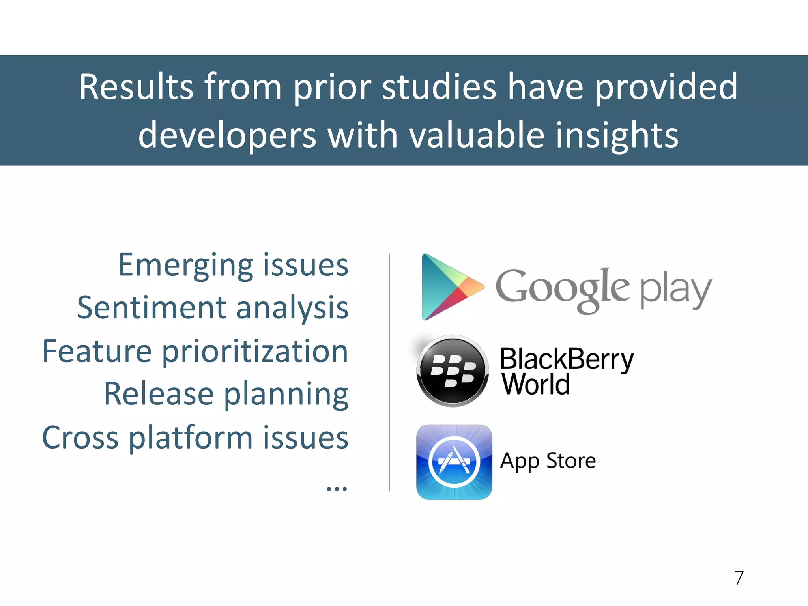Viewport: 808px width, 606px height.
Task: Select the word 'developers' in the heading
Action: point(227,135)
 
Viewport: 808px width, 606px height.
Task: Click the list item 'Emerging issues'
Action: point(233,265)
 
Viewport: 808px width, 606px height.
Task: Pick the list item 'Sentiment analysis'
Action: point(213,308)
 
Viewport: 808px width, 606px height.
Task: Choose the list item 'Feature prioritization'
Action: point(195,351)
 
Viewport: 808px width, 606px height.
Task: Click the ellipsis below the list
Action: point(337,488)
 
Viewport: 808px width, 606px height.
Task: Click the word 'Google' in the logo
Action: point(562,290)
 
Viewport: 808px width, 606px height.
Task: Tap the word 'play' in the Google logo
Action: point(675,291)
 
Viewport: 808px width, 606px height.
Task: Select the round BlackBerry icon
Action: point(453,371)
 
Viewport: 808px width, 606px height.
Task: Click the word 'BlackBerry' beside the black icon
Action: point(567,359)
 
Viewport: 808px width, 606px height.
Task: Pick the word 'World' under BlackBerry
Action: point(536,384)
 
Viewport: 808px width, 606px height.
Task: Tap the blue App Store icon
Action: point(454,462)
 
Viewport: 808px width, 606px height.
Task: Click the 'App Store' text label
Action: point(548,461)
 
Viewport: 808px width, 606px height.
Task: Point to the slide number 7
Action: point(739,578)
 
